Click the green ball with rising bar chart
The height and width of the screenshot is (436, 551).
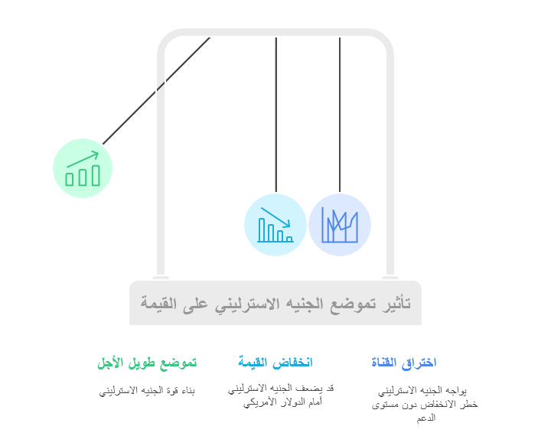[83, 168]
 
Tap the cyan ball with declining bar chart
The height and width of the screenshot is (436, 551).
[275, 225]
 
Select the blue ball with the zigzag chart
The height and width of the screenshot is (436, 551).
[340, 225]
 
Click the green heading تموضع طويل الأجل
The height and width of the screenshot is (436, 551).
[147, 363]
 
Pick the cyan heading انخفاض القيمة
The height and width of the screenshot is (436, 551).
[275, 362]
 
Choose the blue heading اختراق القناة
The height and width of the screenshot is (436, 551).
[404, 363]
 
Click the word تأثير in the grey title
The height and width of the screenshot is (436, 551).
[396, 303]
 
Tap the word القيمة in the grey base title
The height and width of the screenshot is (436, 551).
[158, 303]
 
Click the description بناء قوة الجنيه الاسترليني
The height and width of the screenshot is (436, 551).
[147, 391]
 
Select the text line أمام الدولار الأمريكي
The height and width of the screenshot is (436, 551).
[283, 402]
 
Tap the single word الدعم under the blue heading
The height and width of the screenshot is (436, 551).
[426, 418]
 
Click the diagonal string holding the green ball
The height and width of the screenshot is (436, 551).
[156, 91]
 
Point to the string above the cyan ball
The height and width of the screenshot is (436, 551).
[276, 115]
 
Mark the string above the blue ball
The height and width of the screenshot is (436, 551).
[340, 115]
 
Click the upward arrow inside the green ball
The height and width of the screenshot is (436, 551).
[83, 159]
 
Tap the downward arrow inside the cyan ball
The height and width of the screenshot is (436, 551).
[275, 217]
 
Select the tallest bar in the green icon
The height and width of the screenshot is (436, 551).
[96, 175]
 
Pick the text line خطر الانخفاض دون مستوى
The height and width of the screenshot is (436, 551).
[425, 405]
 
